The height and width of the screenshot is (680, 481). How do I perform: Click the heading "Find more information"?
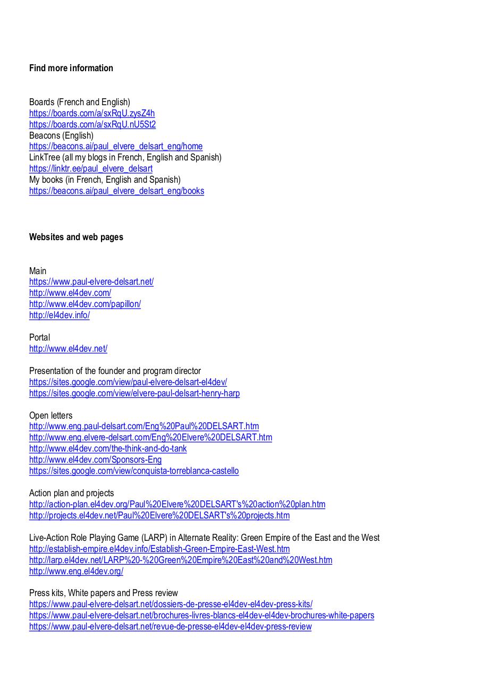pos(71,68)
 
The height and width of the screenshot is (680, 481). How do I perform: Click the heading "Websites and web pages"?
pos(76,237)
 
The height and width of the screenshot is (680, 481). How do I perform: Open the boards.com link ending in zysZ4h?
pos(92,113)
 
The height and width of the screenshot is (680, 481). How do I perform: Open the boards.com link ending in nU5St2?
pos(92,124)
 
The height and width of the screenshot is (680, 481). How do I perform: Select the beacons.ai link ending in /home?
pos(116,146)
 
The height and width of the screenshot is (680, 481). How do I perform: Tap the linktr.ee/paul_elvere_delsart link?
pos(91,168)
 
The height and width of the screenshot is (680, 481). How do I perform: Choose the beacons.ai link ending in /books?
pos(116,191)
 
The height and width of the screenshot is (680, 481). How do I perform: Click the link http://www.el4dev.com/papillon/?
pos(85,304)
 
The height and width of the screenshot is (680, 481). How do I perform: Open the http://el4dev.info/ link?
pos(60,315)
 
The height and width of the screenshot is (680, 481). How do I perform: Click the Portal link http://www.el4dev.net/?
pos(68,348)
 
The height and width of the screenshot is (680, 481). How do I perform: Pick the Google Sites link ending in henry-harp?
pos(134,393)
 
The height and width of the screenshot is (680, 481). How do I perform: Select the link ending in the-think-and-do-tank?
pos(108,448)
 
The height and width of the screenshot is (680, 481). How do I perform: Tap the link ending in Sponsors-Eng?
pos(96,460)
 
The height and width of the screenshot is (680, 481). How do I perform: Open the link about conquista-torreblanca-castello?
pos(134,471)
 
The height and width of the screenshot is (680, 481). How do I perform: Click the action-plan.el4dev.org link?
pos(177,504)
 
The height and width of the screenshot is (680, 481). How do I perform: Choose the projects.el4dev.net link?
pos(159,515)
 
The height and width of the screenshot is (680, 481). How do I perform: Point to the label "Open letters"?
pos(51,415)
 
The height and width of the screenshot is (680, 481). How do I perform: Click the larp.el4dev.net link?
pos(181,560)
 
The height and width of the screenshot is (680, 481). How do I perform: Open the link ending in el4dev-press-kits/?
pos(171,604)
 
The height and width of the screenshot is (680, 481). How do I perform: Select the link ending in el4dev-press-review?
pos(171,626)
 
